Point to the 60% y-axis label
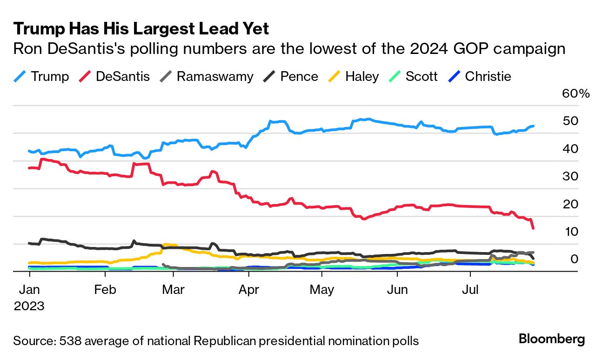coord(576,93)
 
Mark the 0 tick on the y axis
coord(575,259)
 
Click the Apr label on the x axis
coord(248,290)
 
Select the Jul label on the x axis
coord(470,290)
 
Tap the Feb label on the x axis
coord(105,290)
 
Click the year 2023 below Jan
coord(29,306)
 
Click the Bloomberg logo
coord(552,339)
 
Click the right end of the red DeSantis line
coord(533,227)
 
